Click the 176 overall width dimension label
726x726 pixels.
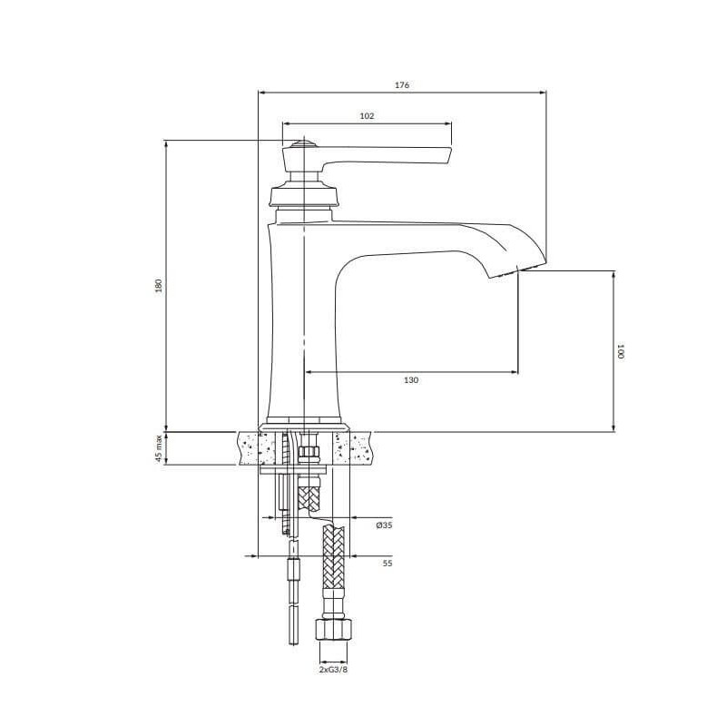[x=401, y=85]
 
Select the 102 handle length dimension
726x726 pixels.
[x=367, y=116]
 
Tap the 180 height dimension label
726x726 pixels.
[x=158, y=285]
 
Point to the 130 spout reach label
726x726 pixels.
[x=411, y=380]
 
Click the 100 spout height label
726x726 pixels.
[x=621, y=351]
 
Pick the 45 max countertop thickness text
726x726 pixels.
[x=159, y=448]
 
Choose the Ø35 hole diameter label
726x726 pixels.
[x=384, y=525]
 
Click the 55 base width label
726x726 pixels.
[x=388, y=564]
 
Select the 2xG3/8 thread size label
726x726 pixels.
[x=333, y=669]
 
